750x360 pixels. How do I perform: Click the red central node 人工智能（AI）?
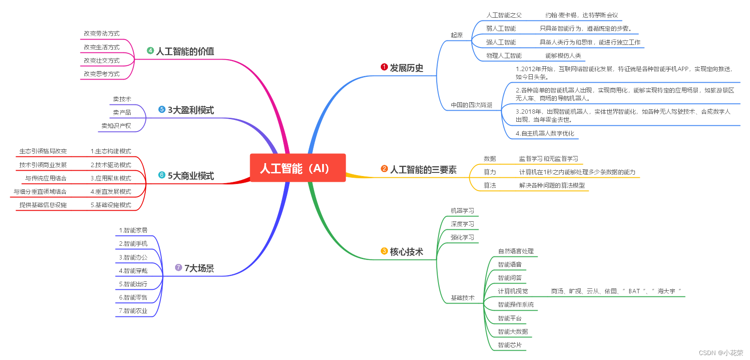pyautogui.click(x=297, y=168)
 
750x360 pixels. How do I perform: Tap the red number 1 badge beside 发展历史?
pyautogui.click(x=384, y=67)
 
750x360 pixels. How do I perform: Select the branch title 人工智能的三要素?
pyautogui.click(x=423, y=170)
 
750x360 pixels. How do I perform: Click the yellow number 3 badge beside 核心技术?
pyautogui.click(x=384, y=251)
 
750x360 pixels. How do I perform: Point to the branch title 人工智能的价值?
pyautogui.click(x=185, y=52)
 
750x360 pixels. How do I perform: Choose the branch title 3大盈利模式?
pyautogui.click(x=191, y=110)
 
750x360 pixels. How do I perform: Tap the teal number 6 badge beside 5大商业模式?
pyautogui.click(x=162, y=175)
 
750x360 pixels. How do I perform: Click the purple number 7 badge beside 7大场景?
pyautogui.click(x=179, y=268)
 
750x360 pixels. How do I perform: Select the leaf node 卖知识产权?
pyautogui.click(x=116, y=126)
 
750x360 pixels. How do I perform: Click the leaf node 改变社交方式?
pyautogui.click(x=102, y=60)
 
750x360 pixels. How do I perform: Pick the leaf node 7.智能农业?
pyautogui.click(x=133, y=311)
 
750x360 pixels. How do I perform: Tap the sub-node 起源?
pyautogui.click(x=456, y=35)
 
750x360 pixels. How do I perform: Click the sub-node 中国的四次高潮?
pyautogui.click(x=471, y=105)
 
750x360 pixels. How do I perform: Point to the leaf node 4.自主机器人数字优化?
pyautogui.click(x=545, y=133)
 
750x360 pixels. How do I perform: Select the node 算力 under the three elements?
pyautogui.click(x=490, y=172)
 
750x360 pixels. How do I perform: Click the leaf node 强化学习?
pyautogui.click(x=462, y=237)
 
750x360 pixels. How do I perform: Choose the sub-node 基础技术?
pyautogui.click(x=463, y=298)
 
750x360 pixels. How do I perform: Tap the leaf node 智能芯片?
pyautogui.click(x=510, y=345)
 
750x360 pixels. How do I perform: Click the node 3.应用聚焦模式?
pyautogui.click(x=111, y=178)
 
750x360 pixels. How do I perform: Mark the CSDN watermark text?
pyautogui.click(x=721, y=353)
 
